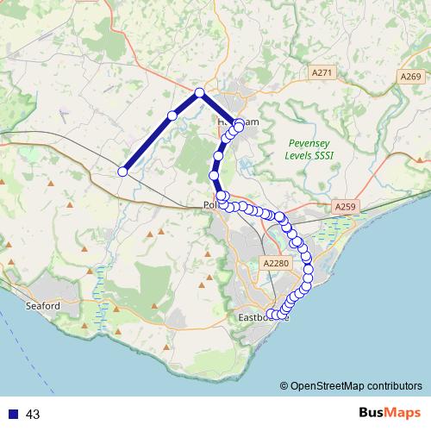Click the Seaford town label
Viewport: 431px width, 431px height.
coord(42,306)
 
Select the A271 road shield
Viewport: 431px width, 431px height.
coord(322,74)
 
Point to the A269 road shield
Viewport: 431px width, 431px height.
coord(411,78)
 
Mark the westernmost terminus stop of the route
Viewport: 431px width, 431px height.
coord(122,172)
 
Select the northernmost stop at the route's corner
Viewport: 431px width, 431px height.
coord(199,93)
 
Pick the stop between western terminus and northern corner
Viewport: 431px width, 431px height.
coord(172,116)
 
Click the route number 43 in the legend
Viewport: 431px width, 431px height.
coord(33,415)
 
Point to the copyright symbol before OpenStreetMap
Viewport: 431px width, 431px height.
coord(284,385)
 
